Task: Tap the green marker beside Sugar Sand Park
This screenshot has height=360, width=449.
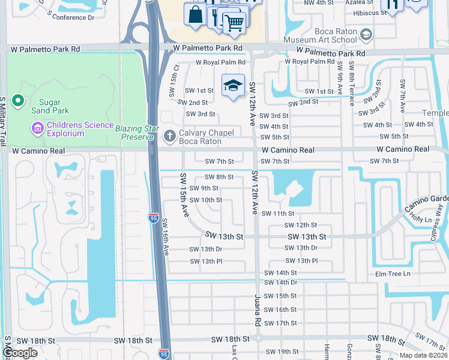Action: click(x=18, y=101)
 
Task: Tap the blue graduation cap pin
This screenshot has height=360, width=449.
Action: click(x=233, y=86)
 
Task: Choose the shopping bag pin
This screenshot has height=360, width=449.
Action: click(x=196, y=14)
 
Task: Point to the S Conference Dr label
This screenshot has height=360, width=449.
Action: click(x=73, y=17)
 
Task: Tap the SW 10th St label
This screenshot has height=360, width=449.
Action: click(x=206, y=200)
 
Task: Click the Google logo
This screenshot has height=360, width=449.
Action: click(x=20, y=353)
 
